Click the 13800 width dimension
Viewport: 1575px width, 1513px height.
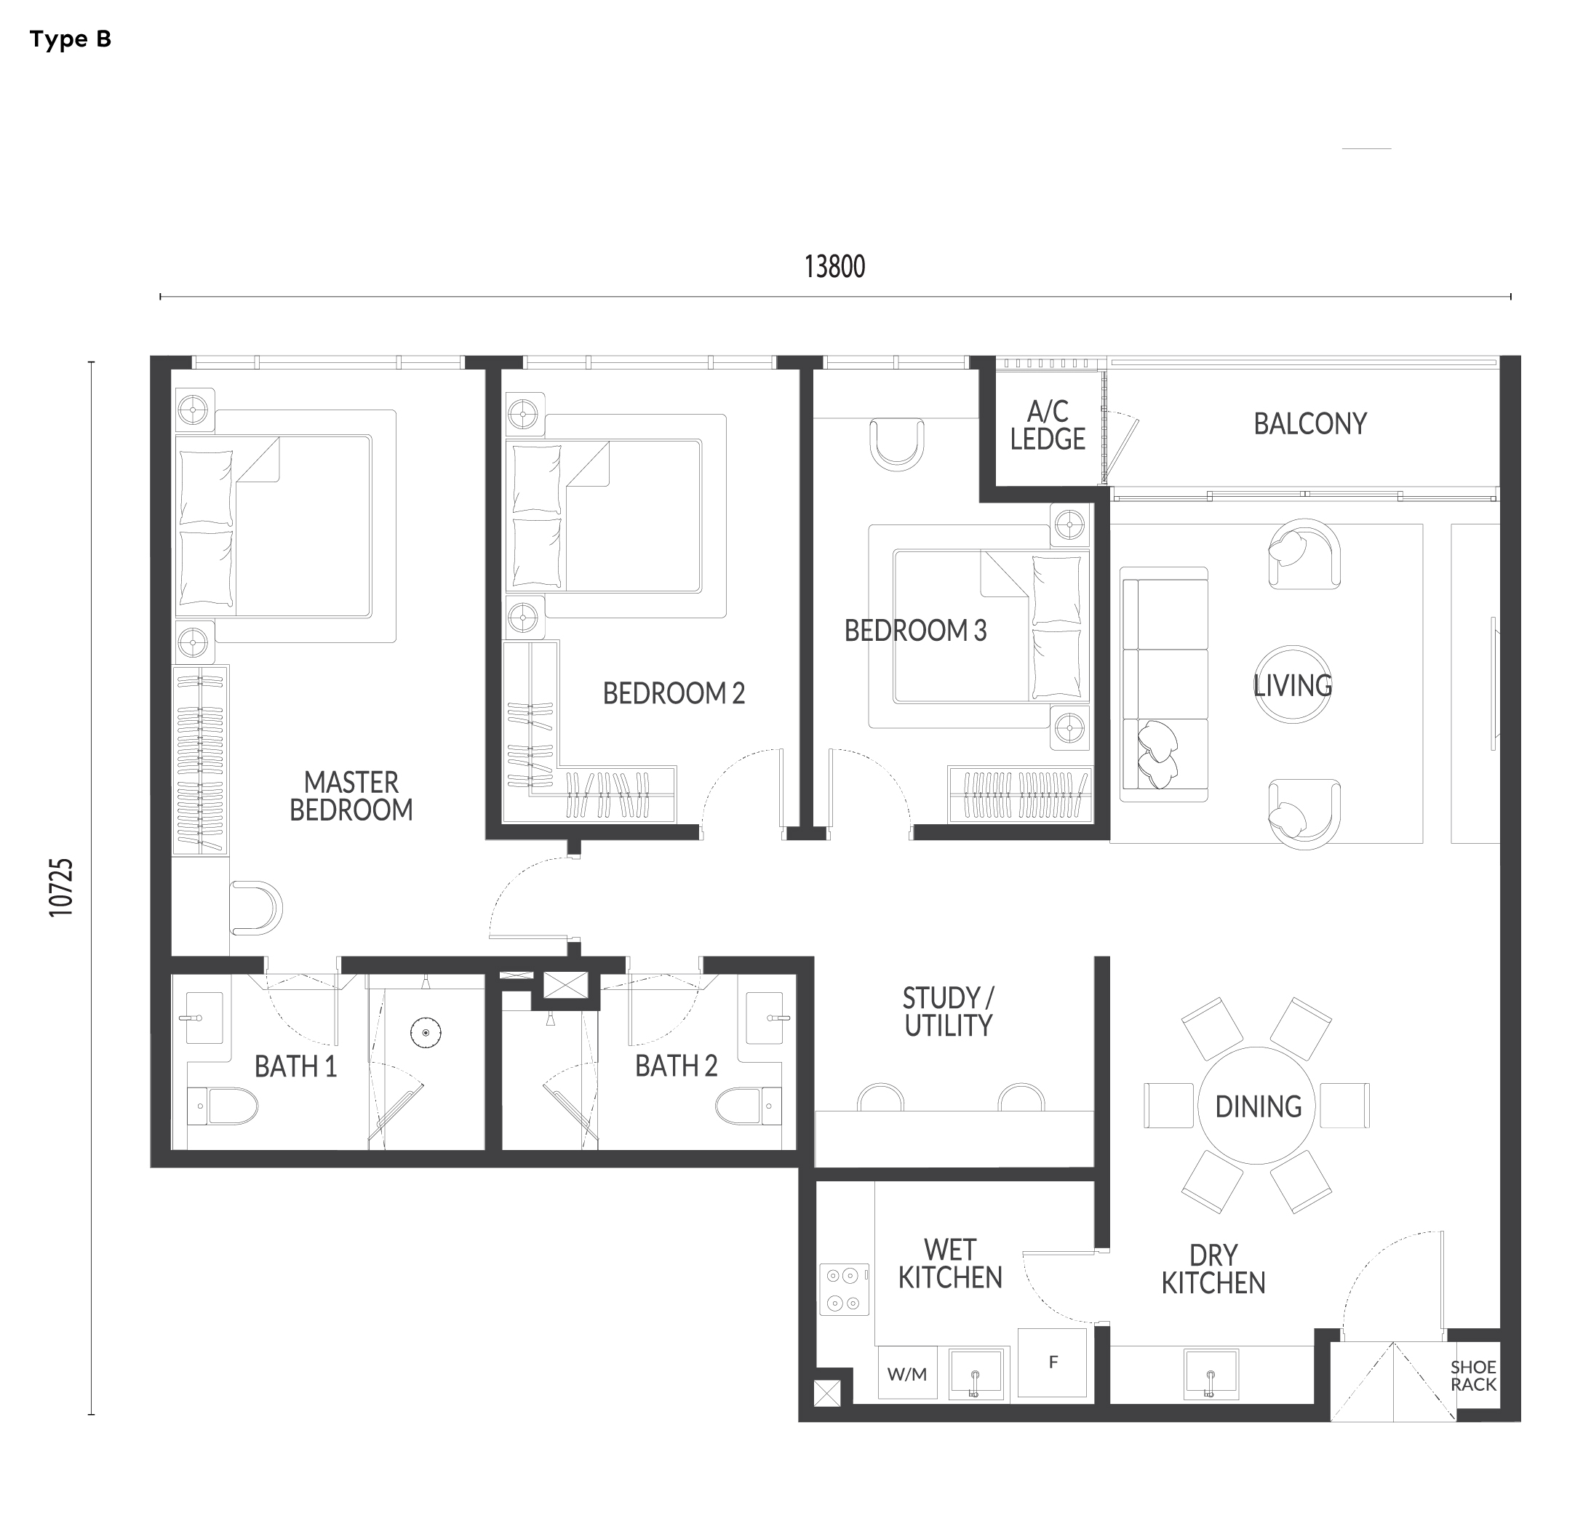(835, 267)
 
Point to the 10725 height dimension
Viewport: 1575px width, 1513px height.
(61, 887)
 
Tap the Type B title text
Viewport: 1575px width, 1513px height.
(71, 39)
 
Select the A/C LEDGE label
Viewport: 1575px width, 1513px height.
(1048, 425)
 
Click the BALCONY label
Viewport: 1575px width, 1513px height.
(1309, 423)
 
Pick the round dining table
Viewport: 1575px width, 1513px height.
(1258, 1106)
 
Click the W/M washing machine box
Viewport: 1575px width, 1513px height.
(907, 1374)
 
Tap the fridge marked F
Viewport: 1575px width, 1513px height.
(1052, 1362)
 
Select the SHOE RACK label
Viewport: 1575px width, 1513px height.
(1473, 1376)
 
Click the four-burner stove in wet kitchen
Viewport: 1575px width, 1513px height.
(844, 1289)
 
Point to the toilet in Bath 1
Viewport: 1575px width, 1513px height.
(223, 1106)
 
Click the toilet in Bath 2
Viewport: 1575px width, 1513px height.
(748, 1106)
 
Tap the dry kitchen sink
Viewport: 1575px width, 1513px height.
(1211, 1374)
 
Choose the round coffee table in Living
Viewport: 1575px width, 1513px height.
(1292, 684)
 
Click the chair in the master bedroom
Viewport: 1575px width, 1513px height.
(256, 908)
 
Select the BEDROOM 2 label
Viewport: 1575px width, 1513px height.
(674, 692)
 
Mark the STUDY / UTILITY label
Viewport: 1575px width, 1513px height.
(948, 1012)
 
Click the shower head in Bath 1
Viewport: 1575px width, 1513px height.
(426, 1032)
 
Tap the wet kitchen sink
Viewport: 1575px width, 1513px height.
(976, 1375)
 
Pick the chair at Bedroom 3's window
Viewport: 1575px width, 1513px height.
(897, 444)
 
